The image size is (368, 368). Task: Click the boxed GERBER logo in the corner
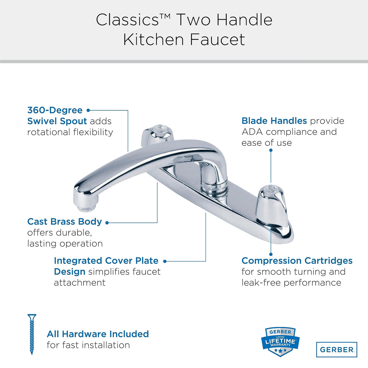pos(336,350)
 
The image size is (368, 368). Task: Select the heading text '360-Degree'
pos(55,110)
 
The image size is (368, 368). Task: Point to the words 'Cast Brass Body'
pos(65,222)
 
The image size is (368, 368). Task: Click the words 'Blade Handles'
pos(274,121)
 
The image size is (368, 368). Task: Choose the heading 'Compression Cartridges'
pos(297,261)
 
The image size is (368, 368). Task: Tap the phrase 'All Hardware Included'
pos(98,334)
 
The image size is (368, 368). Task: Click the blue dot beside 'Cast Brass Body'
pos(107,222)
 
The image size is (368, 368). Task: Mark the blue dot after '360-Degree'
pos(89,110)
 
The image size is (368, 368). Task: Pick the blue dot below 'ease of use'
pos(271,150)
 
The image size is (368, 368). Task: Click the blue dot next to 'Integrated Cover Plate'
pos(165,261)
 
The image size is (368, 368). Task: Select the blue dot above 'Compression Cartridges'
pos(271,254)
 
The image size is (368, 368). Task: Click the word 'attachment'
pos(80,283)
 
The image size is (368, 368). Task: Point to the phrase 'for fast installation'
pos(88,345)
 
